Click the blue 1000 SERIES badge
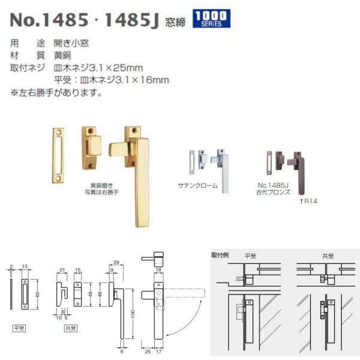(212, 19)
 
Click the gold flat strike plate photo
(57, 155)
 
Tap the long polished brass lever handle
(142, 180)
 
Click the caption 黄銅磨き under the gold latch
(101, 186)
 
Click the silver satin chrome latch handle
(224, 171)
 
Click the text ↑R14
(308, 201)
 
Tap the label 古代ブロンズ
(272, 193)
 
